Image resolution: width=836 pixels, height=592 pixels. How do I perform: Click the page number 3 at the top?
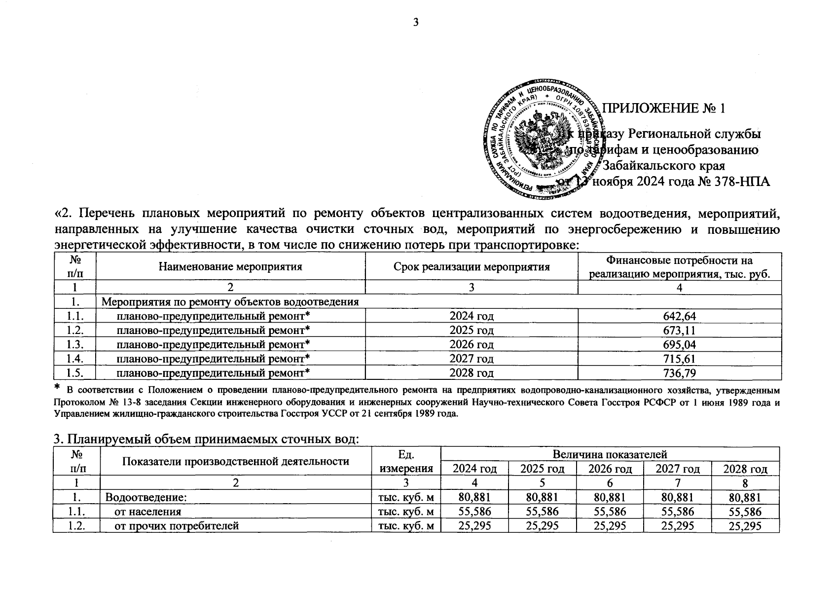pos(415,22)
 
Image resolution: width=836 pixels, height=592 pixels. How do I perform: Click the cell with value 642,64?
pos(679,316)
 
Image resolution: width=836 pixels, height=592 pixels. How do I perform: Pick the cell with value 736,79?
pos(679,373)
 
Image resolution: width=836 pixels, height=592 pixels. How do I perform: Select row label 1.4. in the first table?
pos(74,359)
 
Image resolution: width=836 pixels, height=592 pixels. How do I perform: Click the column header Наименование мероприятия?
pos(230,267)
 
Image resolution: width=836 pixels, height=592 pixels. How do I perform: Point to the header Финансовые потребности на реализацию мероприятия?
pos(679,267)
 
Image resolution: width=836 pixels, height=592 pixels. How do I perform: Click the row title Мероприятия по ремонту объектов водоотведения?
pos(230,302)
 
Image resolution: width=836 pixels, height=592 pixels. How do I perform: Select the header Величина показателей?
pos(610,454)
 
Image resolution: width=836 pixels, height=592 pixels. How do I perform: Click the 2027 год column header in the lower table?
pos(677,469)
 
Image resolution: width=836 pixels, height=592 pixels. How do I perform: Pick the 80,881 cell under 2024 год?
pos(474,497)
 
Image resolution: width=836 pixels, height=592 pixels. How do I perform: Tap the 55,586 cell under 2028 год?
pos(745,512)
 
